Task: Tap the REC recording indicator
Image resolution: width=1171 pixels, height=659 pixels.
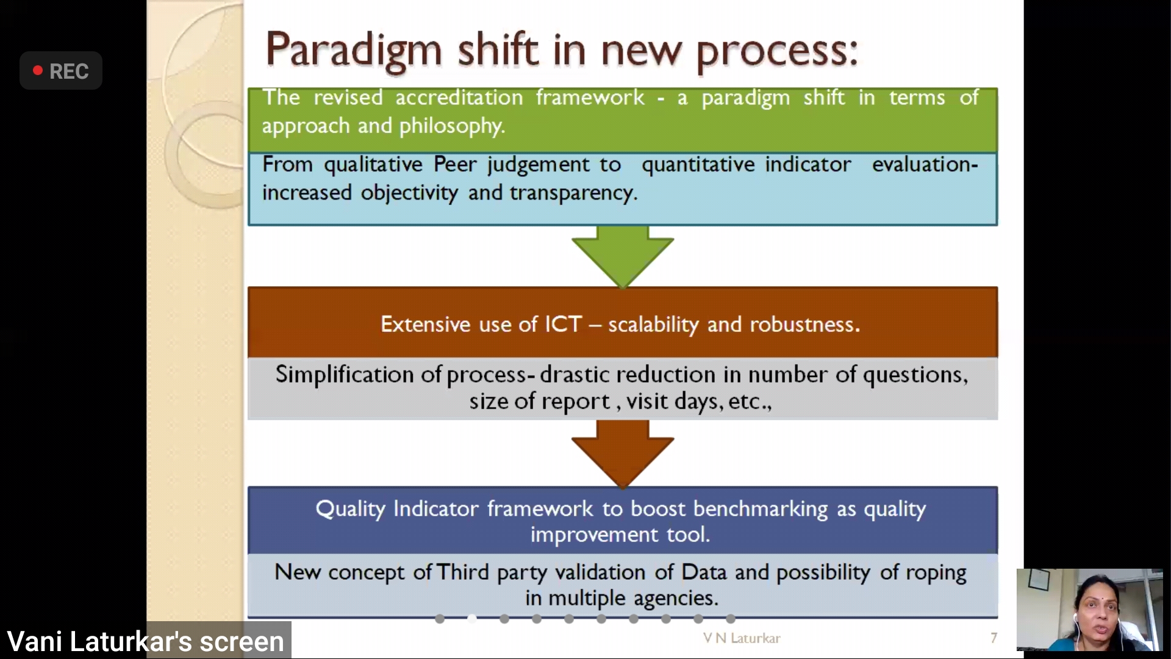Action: (x=61, y=71)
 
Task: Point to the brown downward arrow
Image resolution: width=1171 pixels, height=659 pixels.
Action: (x=623, y=454)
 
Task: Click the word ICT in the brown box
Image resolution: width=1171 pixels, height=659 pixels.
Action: (x=563, y=324)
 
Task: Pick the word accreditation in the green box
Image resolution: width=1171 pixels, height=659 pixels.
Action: (x=459, y=98)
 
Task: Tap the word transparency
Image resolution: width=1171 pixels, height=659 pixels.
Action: (x=573, y=193)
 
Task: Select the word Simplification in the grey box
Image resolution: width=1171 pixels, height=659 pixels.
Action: (x=345, y=375)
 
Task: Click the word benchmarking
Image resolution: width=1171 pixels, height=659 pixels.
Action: (x=761, y=510)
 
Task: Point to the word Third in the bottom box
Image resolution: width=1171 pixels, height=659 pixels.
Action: (x=462, y=572)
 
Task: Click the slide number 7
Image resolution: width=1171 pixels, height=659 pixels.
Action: (x=994, y=638)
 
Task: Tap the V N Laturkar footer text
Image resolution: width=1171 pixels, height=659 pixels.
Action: (x=742, y=638)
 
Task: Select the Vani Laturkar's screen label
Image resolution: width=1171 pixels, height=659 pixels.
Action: (x=145, y=641)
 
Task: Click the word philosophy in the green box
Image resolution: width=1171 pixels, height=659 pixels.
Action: (x=452, y=126)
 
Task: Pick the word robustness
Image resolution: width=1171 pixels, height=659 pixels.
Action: (x=805, y=324)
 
